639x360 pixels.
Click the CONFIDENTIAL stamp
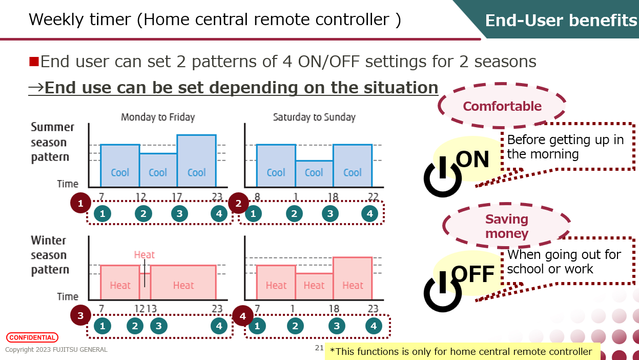click(32, 337)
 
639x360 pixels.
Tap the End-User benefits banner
click(560, 20)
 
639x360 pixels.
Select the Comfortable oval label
click(502, 106)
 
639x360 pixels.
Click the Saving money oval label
click(506, 226)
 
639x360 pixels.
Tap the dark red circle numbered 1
click(80, 204)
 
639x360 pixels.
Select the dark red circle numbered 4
click(242, 316)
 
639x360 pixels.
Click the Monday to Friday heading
click(158, 117)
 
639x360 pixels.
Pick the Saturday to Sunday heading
click(314, 117)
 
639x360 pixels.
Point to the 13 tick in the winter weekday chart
click(152, 309)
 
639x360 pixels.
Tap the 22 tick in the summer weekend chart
click(373, 196)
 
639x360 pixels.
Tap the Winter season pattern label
click(49, 255)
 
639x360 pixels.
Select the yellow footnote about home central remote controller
click(462, 351)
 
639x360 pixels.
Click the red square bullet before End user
click(34, 62)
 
